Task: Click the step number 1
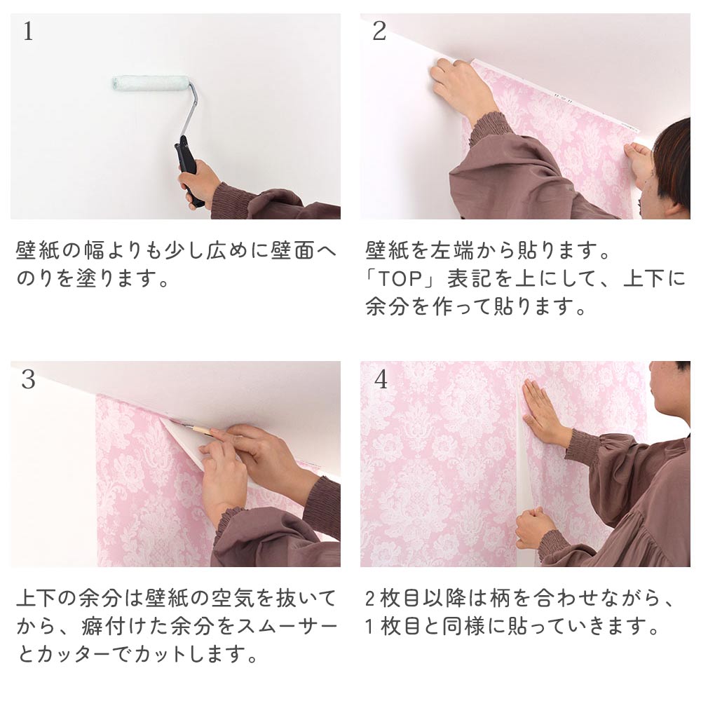click(27, 32)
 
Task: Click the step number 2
click(379, 32)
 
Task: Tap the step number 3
click(28, 379)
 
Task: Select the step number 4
click(381, 379)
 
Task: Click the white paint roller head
click(150, 83)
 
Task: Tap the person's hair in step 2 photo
click(673, 158)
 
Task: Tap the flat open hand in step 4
click(543, 414)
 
